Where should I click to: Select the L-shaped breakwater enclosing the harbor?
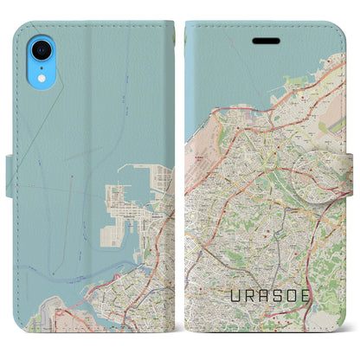pos(128,166)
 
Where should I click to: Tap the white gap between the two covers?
pos(180,173)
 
